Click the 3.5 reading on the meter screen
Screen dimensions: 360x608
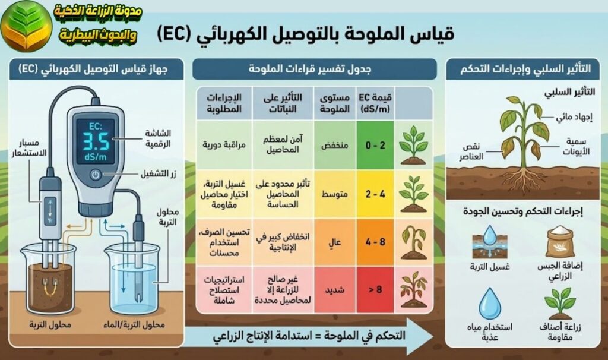pyautogui.click(x=95, y=143)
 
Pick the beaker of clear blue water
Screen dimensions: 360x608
pyautogui.click(x=132, y=285)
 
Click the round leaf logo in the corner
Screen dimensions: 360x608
pyautogui.click(x=24, y=27)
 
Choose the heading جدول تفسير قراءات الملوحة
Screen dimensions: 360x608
pyautogui.click(x=315, y=70)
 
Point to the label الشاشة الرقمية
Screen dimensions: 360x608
pyautogui.click(x=160, y=138)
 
